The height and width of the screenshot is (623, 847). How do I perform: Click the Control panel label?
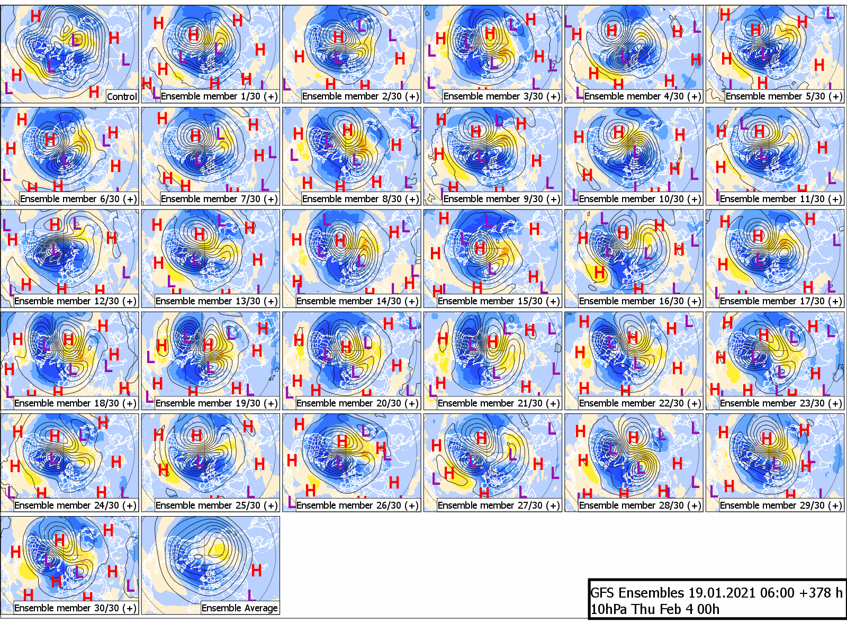point(122,96)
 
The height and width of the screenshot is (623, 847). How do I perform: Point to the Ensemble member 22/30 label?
point(640,403)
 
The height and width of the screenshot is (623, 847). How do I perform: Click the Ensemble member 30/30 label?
point(75,608)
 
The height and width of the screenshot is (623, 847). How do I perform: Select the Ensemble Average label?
point(239,608)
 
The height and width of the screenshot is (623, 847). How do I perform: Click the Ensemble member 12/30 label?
point(75,301)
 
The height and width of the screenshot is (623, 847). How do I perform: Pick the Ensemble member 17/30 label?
point(781,301)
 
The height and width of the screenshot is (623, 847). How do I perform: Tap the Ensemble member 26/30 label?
point(357,505)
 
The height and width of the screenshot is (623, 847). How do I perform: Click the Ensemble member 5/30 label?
point(783,96)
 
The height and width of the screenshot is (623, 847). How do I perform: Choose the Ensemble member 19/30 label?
point(217,403)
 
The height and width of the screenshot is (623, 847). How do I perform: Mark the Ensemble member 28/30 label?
point(640,505)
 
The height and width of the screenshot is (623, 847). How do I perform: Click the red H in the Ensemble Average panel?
point(256,571)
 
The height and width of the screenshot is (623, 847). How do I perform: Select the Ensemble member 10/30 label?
point(640,199)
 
